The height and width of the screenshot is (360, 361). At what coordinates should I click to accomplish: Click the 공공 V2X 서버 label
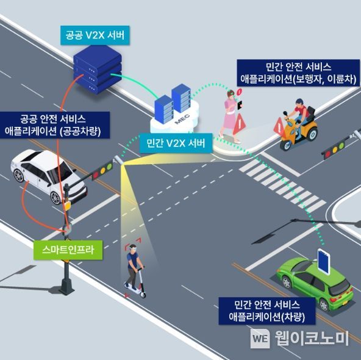click(95, 35)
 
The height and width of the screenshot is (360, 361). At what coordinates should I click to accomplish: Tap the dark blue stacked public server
click(98, 70)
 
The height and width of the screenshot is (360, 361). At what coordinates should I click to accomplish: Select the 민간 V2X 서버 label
click(176, 143)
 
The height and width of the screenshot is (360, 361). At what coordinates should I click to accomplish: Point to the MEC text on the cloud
click(182, 118)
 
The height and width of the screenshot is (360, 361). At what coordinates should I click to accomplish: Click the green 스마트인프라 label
click(68, 250)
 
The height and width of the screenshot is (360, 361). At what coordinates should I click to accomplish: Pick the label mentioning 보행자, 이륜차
click(298, 73)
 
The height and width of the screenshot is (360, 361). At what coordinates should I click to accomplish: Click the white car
click(49, 176)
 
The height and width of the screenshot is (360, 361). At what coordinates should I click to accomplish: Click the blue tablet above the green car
click(324, 261)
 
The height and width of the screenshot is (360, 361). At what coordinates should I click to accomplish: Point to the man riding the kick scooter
click(135, 270)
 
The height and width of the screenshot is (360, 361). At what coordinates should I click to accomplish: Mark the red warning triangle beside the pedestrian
click(239, 124)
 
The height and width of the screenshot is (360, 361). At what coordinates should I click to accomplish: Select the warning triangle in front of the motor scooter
click(279, 126)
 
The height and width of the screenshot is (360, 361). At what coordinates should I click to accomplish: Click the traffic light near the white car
click(102, 170)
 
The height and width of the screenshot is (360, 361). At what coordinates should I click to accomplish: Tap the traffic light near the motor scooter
click(334, 150)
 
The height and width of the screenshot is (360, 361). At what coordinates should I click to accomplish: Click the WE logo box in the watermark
click(260, 338)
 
